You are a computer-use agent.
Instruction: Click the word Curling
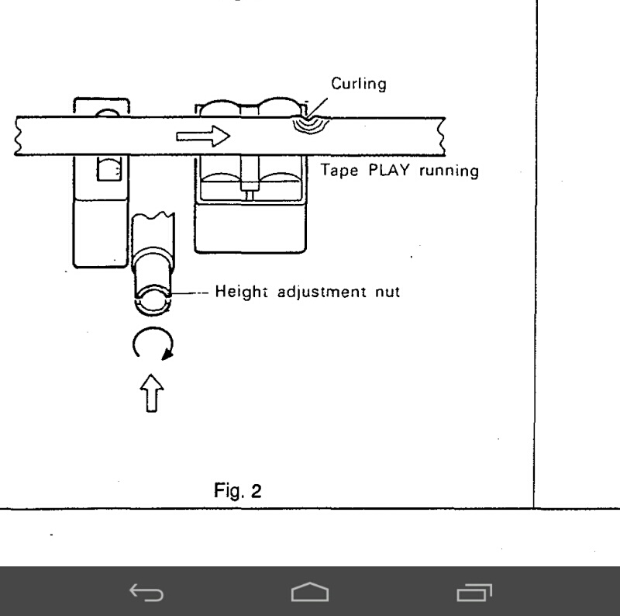click(360, 85)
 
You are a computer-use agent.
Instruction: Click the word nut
click(382, 295)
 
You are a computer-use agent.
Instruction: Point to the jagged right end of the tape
click(441, 135)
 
